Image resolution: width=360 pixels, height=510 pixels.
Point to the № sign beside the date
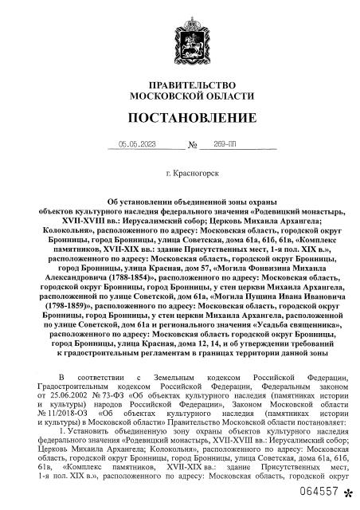(192, 146)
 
